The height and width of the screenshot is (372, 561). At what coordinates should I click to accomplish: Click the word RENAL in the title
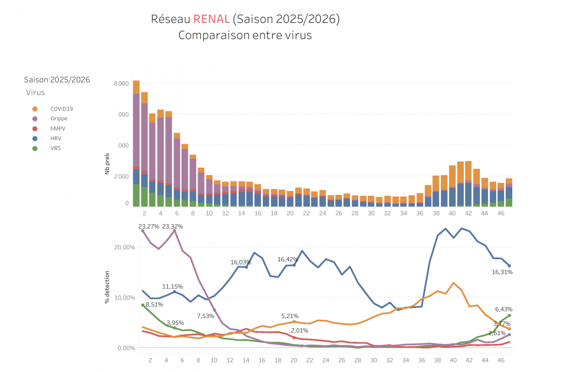click(x=211, y=19)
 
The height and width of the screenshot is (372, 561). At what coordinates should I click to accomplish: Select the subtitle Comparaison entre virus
click(x=245, y=35)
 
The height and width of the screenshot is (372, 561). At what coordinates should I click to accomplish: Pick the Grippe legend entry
click(x=59, y=118)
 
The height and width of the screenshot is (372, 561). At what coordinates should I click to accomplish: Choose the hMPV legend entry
click(x=57, y=128)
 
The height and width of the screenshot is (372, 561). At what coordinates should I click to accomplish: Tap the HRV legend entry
click(x=56, y=138)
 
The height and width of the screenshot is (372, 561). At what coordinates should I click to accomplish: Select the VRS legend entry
click(x=56, y=148)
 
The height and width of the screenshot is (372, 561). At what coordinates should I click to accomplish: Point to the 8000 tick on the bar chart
click(x=121, y=83)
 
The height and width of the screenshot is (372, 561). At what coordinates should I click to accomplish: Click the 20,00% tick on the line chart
click(x=124, y=247)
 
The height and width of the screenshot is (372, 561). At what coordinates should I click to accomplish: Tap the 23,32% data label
click(x=173, y=226)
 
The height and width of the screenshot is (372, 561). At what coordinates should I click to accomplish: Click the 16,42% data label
click(x=288, y=259)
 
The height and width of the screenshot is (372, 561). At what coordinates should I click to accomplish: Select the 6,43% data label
click(x=504, y=309)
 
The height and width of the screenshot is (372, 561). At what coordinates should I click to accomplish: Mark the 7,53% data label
click(x=206, y=316)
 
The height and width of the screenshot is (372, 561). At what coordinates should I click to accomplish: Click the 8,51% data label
click(x=154, y=305)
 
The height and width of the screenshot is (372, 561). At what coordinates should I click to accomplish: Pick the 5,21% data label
click(x=290, y=316)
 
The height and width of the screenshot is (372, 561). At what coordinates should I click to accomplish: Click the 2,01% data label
click(x=299, y=331)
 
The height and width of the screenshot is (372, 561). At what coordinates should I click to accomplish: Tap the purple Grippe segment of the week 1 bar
click(x=136, y=130)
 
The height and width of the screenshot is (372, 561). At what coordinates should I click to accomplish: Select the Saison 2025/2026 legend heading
click(x=57, y=79)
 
